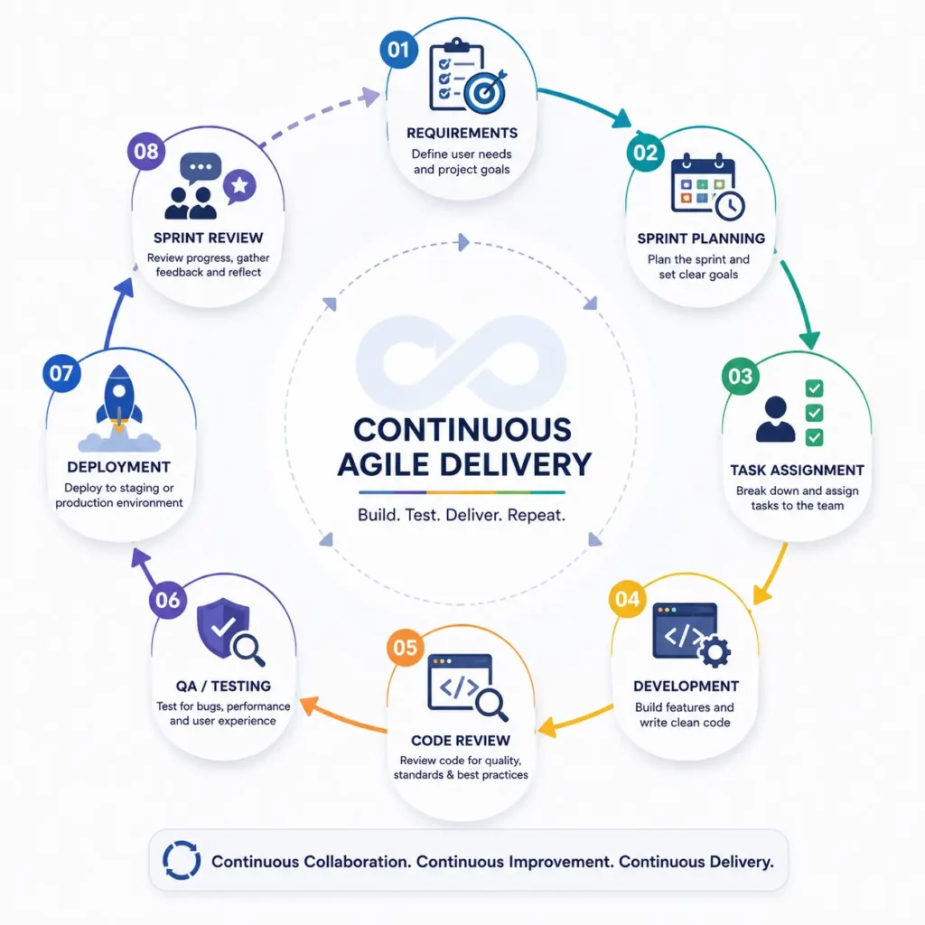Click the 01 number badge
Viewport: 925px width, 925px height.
pos(398,50)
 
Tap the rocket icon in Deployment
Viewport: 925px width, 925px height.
pos(119,398)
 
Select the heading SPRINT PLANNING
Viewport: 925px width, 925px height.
pos(701,238)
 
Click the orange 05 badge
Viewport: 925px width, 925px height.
pos(406,647)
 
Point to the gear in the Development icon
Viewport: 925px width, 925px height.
pos(715,651)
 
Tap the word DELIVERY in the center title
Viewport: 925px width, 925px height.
pos(516,464)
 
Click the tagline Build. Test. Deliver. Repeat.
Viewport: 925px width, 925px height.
pos(462,515)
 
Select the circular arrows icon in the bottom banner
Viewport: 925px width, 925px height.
pos(182,861)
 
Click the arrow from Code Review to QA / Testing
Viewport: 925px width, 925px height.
pos(342,715)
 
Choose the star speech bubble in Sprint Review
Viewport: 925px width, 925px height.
pos(239,186)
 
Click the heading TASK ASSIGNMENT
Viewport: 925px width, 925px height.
pos(797,470)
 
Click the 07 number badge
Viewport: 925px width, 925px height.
pos(61,373)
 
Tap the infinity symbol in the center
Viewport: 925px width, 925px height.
pos(462,363)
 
